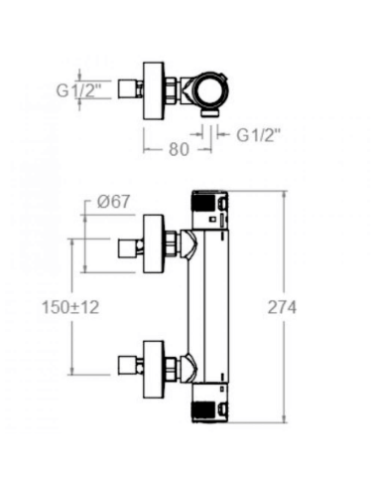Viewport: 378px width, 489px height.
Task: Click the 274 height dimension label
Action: click(x=282, y=307)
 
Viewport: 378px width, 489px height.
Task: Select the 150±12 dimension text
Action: click(x=70, y=307)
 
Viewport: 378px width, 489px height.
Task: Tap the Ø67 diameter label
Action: click(x=114, y=202)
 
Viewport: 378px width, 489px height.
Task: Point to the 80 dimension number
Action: click(x=179, y=149)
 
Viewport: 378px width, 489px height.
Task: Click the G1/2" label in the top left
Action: click(x=78, y=90)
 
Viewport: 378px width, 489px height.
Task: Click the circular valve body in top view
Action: click(x=211, y=90)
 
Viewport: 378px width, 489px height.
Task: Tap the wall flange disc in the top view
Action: click(x=154, y=90)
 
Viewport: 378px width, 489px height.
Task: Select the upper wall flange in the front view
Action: click(x=154, y=244)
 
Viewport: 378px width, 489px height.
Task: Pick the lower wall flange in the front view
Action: click(x=154, y=370)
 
